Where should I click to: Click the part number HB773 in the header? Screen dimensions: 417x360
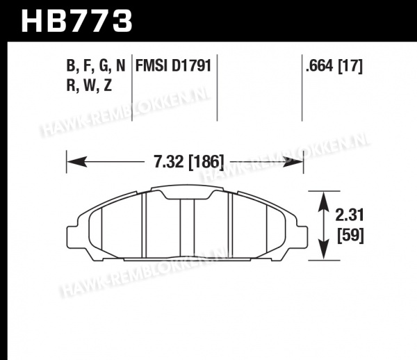[76, 21]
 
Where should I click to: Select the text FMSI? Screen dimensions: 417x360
[152, 65]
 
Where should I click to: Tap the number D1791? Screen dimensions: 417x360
[192, 65]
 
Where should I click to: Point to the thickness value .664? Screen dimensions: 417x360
[319, 65]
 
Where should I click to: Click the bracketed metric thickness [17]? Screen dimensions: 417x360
[350, 66]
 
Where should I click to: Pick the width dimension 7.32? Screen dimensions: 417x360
[169, 161]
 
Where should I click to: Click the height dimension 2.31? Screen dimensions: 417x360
[349, 215]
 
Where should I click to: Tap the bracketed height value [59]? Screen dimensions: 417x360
[350, 235]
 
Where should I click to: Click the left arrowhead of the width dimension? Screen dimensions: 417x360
[77, 161]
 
